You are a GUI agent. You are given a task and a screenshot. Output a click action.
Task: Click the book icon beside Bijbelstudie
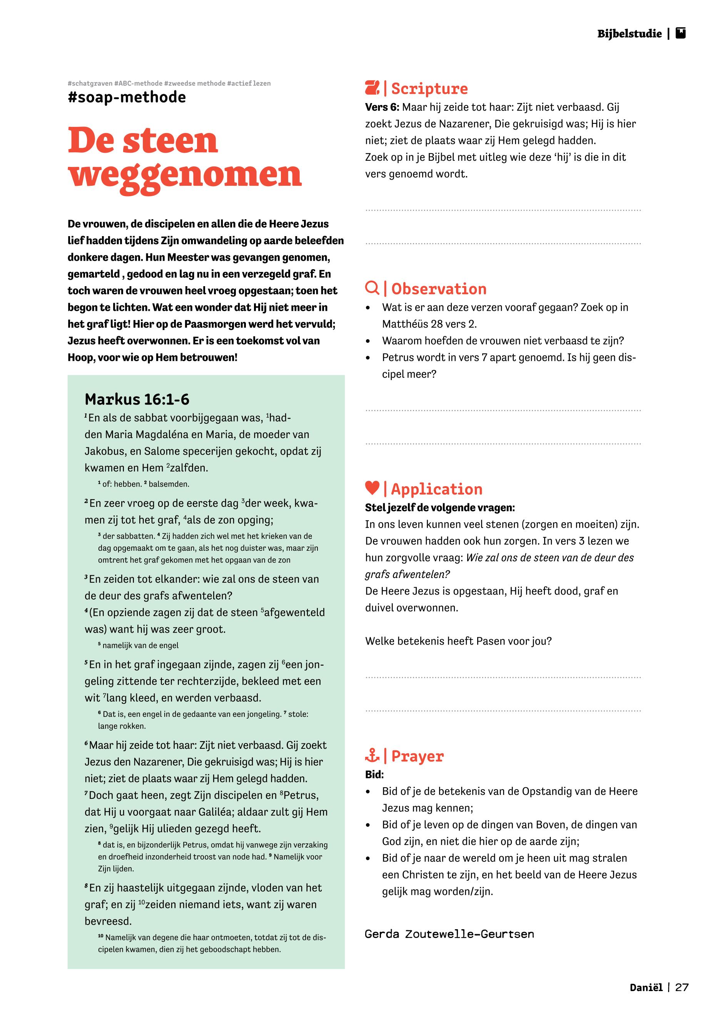(x=680, y=33)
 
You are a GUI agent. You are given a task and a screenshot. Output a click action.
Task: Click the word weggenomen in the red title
(x=185, y=175)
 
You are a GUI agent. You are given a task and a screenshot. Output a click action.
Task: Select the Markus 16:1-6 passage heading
(x=137, y=399)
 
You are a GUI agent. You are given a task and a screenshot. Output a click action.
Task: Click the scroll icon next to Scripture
(x=372, y=88)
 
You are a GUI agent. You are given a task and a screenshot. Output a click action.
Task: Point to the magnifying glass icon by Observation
(x=372, y=288)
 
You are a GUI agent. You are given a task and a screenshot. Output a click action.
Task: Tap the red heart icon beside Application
(x=372, y=488)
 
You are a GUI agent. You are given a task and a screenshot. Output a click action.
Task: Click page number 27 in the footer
(x=682, y=988)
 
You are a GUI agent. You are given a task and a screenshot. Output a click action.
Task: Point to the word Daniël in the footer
(x=646, y=988)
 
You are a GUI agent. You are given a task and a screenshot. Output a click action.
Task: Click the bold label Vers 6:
(x=382, y=107)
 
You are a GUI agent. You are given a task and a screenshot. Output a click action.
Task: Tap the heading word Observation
(x=439, y=289)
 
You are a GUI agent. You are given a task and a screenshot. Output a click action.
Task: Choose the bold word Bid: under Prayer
(x=374, y=775)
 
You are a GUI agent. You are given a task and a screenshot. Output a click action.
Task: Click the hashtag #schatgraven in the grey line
(x=90, y=83)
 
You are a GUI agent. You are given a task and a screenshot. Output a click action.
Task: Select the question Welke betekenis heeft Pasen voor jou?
(x=458, y=641)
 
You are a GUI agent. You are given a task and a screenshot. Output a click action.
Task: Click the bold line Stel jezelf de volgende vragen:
(x=440, y=508)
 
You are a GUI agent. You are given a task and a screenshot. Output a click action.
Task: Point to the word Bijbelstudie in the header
(x=630, y=34)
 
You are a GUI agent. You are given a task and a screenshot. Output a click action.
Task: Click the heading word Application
(x=436, y=489)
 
